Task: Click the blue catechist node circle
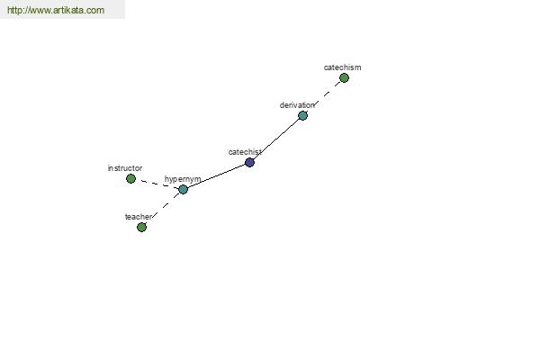coord(249,162)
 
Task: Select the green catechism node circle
coord(344,78)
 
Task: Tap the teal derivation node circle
coord(302,115)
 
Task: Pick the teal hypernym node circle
coord(184,189)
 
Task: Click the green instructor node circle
coord(130,178)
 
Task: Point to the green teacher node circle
coord(141,227)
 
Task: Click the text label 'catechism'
coord(342,67)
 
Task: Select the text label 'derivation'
coord(297,105)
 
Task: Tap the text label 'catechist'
coord(245,152)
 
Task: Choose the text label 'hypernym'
coord(183,179)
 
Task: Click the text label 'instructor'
coord(125,168)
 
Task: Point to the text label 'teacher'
coord(138,217)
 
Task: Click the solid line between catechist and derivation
coord(276,139)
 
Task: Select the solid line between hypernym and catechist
coord(216,175)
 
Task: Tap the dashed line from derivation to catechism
coord(323,97)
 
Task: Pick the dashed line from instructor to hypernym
coord(157,184)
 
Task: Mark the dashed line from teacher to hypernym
coord(162,208)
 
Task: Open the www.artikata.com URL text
coord(56,10)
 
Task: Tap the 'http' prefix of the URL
coord(13,10)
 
